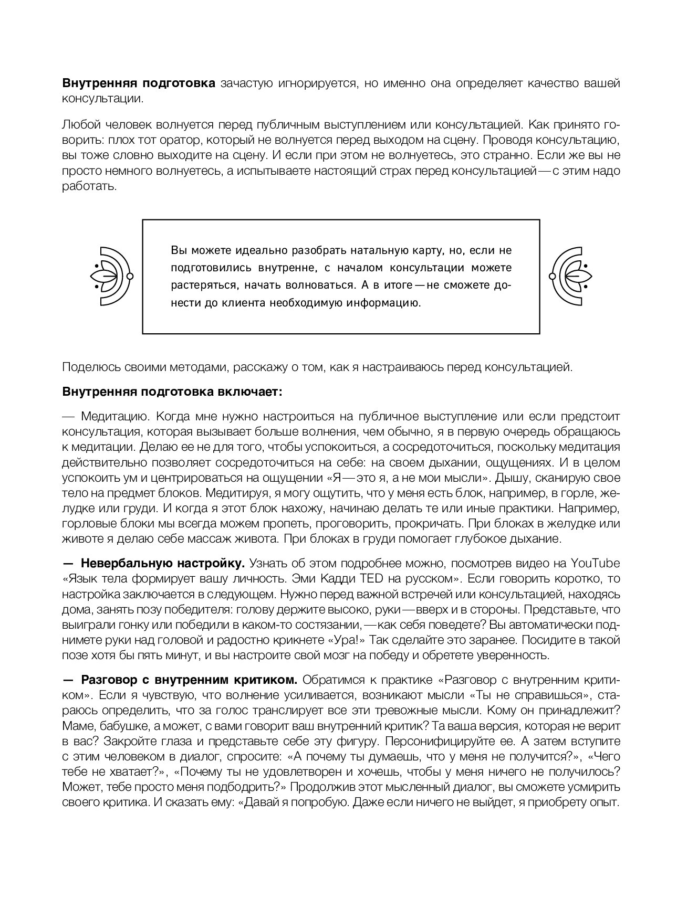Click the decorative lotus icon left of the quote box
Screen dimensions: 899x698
click(x=111, y=276)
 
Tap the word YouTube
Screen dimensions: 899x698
click(x=595, y=564)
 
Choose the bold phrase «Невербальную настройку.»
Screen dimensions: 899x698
click(x=163, y=564)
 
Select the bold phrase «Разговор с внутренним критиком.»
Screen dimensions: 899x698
click(x=189, y=680)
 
